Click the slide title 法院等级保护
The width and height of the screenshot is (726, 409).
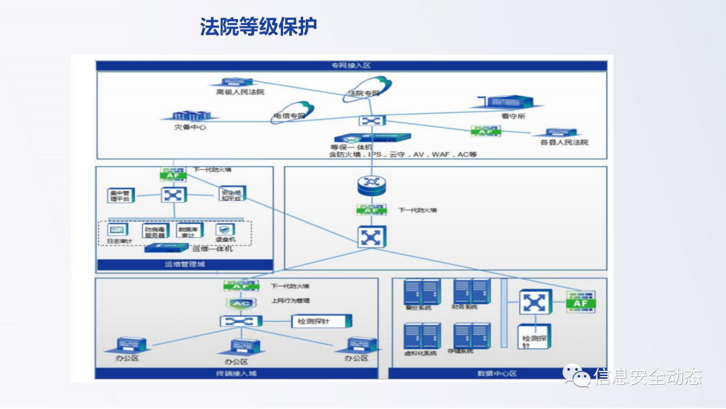(258, 27)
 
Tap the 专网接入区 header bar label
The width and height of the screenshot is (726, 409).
(351, 66)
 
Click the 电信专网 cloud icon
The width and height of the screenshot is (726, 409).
(292, 111)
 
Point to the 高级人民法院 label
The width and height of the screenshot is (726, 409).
(240, 92)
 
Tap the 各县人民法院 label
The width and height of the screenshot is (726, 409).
(564, 143)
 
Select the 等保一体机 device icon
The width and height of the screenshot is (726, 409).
(370, 139)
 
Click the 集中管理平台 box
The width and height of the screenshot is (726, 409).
(122, 196)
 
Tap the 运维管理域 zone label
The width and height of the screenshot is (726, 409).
(185, 265)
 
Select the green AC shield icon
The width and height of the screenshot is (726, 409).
(240, 303)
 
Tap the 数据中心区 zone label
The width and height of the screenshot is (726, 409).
(497, 374)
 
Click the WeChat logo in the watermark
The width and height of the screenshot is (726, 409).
(577, 376)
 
